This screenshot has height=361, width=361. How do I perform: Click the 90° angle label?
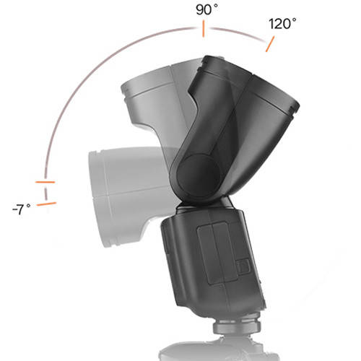coord(206,10)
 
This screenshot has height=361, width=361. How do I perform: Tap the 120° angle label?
coord(282,23)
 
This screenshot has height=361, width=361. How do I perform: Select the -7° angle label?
coord(22,209)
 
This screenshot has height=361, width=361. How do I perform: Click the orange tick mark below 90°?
coord(204,30)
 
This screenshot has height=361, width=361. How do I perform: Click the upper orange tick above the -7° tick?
coord(45,182)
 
